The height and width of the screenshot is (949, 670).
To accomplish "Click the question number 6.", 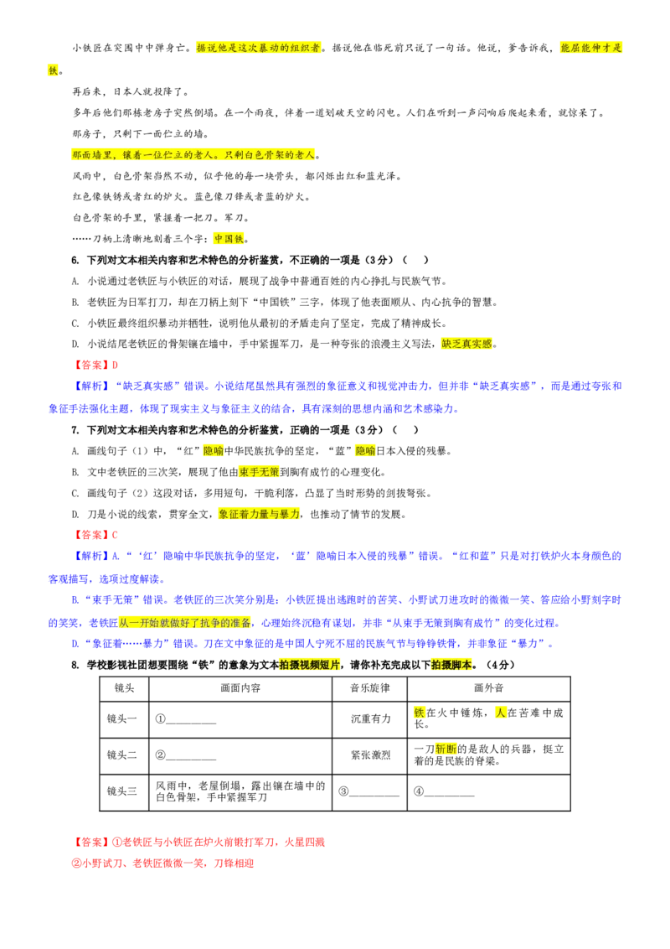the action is tap(75, 260).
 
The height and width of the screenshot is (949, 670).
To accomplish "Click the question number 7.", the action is tap(75, 430).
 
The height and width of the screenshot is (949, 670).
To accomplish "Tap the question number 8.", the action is tap(75, 665).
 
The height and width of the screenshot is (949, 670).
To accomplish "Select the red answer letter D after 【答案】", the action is tap(115, 366).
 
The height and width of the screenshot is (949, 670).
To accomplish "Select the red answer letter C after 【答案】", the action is tap(115, 535).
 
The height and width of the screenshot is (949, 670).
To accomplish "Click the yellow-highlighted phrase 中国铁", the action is tap(229, 239).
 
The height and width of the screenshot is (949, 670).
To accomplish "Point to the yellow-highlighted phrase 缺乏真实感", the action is tap(466, 344).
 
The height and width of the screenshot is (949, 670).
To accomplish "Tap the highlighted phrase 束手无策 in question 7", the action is tap(259, 472).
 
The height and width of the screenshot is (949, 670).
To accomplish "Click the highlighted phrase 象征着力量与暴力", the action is tap(259, 515).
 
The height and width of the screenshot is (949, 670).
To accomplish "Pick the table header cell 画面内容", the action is tap(240, 688).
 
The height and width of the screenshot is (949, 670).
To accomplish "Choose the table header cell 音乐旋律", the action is tap(369, 688).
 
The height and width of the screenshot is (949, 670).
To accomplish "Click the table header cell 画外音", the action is tap(488, 688).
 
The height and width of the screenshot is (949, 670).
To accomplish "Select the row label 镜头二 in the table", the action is tap(122, 755).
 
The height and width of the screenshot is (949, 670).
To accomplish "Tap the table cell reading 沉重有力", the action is tap(371, 719).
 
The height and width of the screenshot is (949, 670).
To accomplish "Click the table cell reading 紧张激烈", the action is tap(371, 755).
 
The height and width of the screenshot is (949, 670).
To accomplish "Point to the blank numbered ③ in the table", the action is tap(368, 791).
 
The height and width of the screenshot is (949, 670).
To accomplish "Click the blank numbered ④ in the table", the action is tap(444, 791).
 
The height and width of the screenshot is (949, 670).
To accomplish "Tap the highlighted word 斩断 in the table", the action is tap(446, 749).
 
